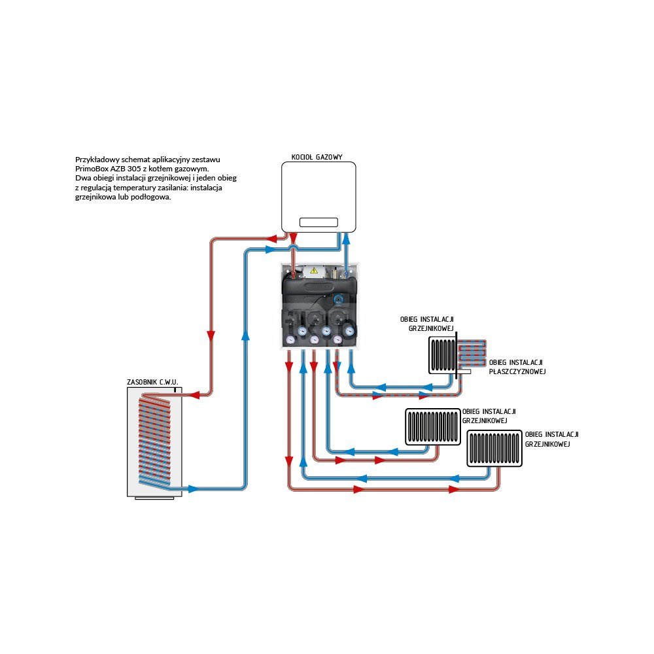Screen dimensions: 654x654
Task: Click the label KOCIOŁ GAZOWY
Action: pyautogui.click(x=317, y=157)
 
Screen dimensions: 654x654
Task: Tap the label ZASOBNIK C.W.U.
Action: pyautogui.click(x=152, y=381)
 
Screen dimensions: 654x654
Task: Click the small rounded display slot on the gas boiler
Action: pyautogui.click(x=318, y=222)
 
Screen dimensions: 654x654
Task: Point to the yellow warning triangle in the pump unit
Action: pyautogui.click(x=313, y=269)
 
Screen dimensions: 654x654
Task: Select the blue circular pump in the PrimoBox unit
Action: pyautogui.click(x=337, y=300)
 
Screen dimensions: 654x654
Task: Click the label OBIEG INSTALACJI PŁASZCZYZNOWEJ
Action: pyautogui.click(x=517, y=367)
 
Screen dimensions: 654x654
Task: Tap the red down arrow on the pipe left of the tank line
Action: pyautogui.click(x=211, y=336)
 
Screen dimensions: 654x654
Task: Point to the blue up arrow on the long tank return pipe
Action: pyautogui.click(x=245, y=336)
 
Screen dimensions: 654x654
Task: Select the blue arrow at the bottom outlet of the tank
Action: pyautogui.click(x=193, y=489)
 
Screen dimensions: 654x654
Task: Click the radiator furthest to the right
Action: pyautogui.click(x=495, y=448)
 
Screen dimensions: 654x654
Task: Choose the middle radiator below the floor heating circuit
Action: pyautogui.click(x=432, y=426)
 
